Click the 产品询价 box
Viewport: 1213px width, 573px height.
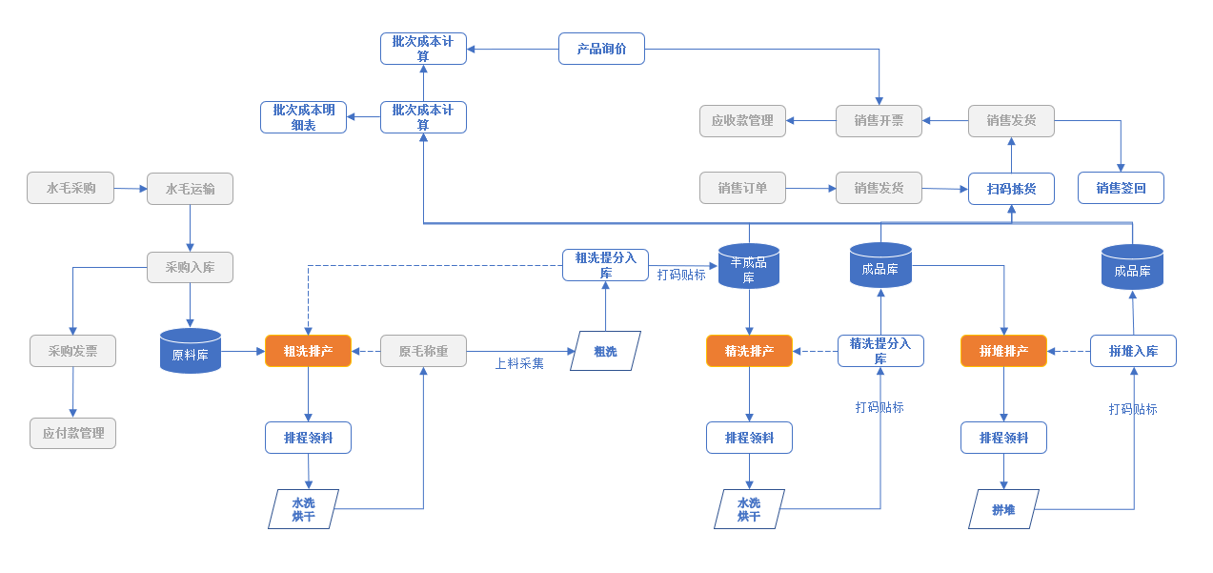coord(601,49)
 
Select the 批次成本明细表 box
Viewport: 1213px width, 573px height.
coord(303,117)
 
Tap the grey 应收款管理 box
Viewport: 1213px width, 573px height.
coord(742,121)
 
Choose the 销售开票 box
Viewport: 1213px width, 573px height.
coord(879,121)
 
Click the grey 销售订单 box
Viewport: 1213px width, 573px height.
coord(742,188)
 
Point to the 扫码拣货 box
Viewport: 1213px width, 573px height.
coord(1011,188)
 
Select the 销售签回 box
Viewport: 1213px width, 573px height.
coord(1121,188)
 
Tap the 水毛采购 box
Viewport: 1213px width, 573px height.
coord(71,188)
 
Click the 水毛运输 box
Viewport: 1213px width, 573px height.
coord(190,189)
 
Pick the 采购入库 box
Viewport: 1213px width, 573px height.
coord(190,267)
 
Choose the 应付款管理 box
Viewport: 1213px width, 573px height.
coord(72,433)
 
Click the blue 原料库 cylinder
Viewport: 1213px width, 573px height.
coord(191,351)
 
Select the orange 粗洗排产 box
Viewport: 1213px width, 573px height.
coord(308,351)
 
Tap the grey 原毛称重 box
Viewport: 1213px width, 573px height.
coord(423,351)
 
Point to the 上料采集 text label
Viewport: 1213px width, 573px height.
coord(519,363)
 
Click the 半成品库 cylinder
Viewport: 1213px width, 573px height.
coord(749,266)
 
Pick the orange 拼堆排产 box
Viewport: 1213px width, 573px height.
coord(1003,351)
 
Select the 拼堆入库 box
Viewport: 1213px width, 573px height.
coord(1133,351)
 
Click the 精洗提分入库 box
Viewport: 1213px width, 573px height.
coord(880,351)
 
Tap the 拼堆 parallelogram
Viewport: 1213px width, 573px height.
coord(1003,509)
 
